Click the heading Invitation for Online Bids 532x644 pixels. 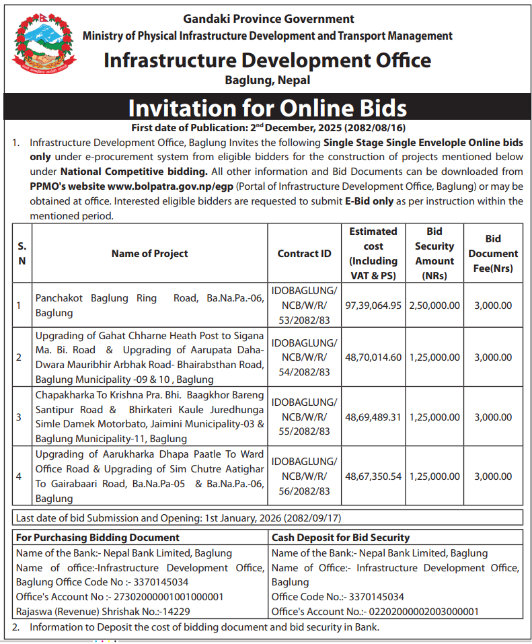pyautogui.click(x=267, y=108)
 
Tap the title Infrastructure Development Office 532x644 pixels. pyautogui.click(x=267, y=61)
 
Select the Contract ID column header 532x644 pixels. pyautogui.click(x=304, y=254)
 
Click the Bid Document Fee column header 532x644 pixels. pyautogui.click(x=493, y=254)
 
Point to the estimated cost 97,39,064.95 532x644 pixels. pyautogui.click(x=373, y=305)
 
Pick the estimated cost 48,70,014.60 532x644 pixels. pyautogui.click(x=373, y=357)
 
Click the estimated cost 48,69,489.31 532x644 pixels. pyautogui.click(x=373, y=417)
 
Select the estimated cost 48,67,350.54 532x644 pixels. pyautogui.click(x=373, y=476)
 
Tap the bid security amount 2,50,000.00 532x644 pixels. pyautogui.click(x=434, y=305)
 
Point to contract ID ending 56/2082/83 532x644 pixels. pyautogui.click(x=304, y=491)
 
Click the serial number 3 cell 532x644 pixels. pyautogui.click(x=19, y=417)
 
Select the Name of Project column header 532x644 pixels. pyautogui.click(x=149, y=254)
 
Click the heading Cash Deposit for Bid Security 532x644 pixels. pyautogui.click(x=340, y=538)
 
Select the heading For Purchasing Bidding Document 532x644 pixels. pyautogui.click(x=98, y=538)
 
